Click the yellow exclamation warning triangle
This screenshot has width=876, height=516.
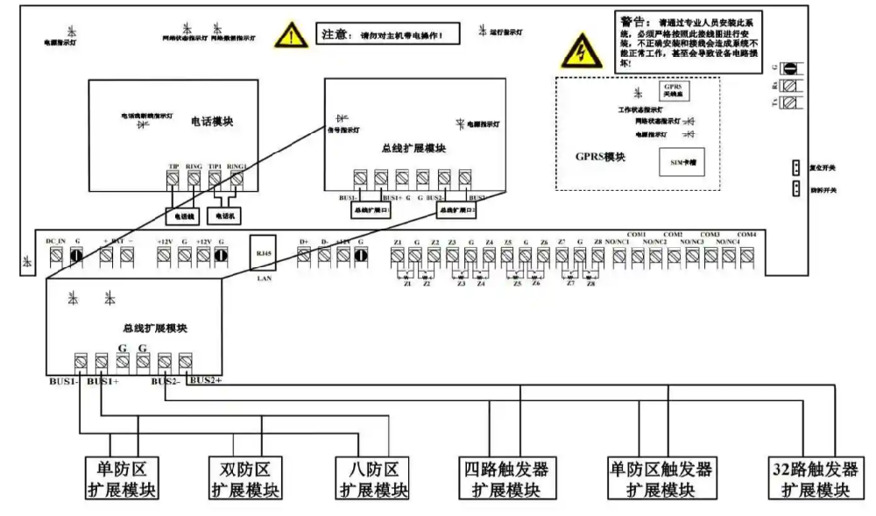(x=286, y=37)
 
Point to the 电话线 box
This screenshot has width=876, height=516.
(x=186, y=214)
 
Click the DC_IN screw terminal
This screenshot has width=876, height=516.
(x=55, y=256)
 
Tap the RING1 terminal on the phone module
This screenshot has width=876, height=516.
(x=236, y=178)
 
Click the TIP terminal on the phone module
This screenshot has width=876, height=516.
(x=173, y=178)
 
